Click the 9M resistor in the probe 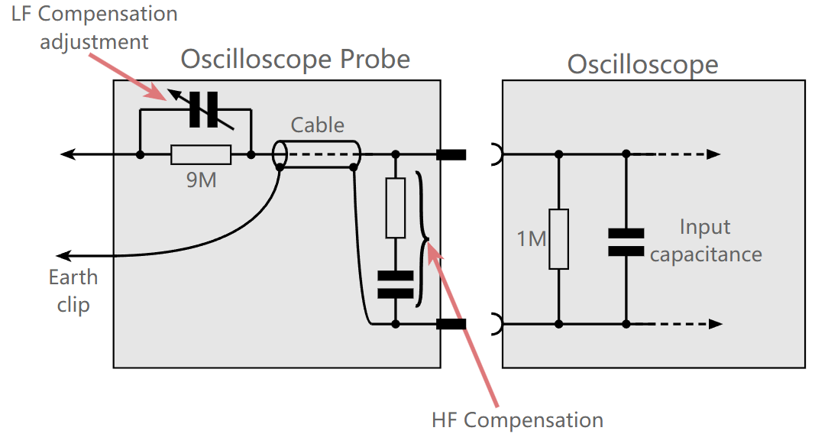201,154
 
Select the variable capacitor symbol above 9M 204,109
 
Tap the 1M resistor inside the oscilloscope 559,238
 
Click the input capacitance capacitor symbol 626,241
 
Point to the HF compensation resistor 395,208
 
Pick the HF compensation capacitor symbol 395,283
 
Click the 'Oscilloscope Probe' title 295,59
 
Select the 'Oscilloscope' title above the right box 642,64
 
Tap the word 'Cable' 318,125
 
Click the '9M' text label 202,181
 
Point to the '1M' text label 532,239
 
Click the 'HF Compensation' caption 517,419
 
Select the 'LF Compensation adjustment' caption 94,28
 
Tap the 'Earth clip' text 73,291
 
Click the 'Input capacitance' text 706,241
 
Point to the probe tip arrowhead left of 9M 67,154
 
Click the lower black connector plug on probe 451,324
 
